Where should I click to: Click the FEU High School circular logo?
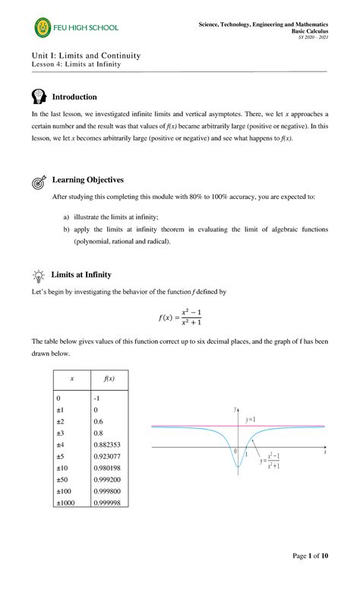click(x=44, y=29)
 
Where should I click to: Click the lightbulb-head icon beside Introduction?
click(x=39, y=97)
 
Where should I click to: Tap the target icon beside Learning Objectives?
click(x=39, y=181)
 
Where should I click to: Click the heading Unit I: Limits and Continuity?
click(x=85, y=56)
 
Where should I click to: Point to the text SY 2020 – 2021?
click(x=313, y=37)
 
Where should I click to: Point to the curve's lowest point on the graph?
click(x=238, y=474)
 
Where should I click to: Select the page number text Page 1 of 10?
click(x=311, y=578)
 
